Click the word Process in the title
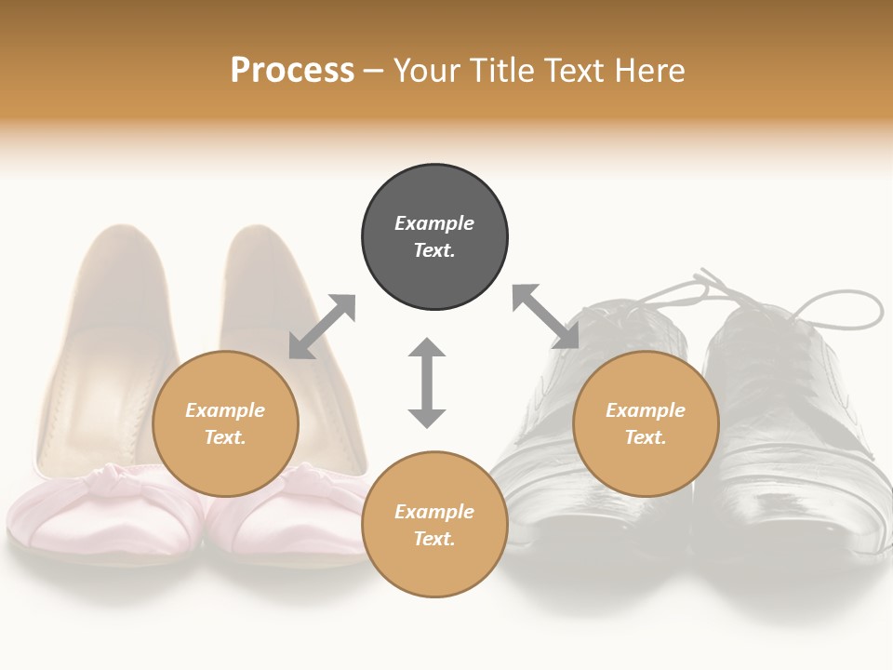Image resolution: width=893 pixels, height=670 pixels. (292, 71)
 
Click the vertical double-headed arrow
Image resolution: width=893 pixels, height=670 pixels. (427, 382)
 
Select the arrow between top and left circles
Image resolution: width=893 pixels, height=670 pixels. (322, 327)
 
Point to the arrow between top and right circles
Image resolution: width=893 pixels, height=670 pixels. (545, 316)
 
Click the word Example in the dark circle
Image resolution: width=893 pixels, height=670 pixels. (434, 223)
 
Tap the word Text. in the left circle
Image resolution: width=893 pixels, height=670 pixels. (225, 437)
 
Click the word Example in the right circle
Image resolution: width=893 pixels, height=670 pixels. (646, 410)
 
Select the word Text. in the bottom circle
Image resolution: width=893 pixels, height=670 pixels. (434, 539)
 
